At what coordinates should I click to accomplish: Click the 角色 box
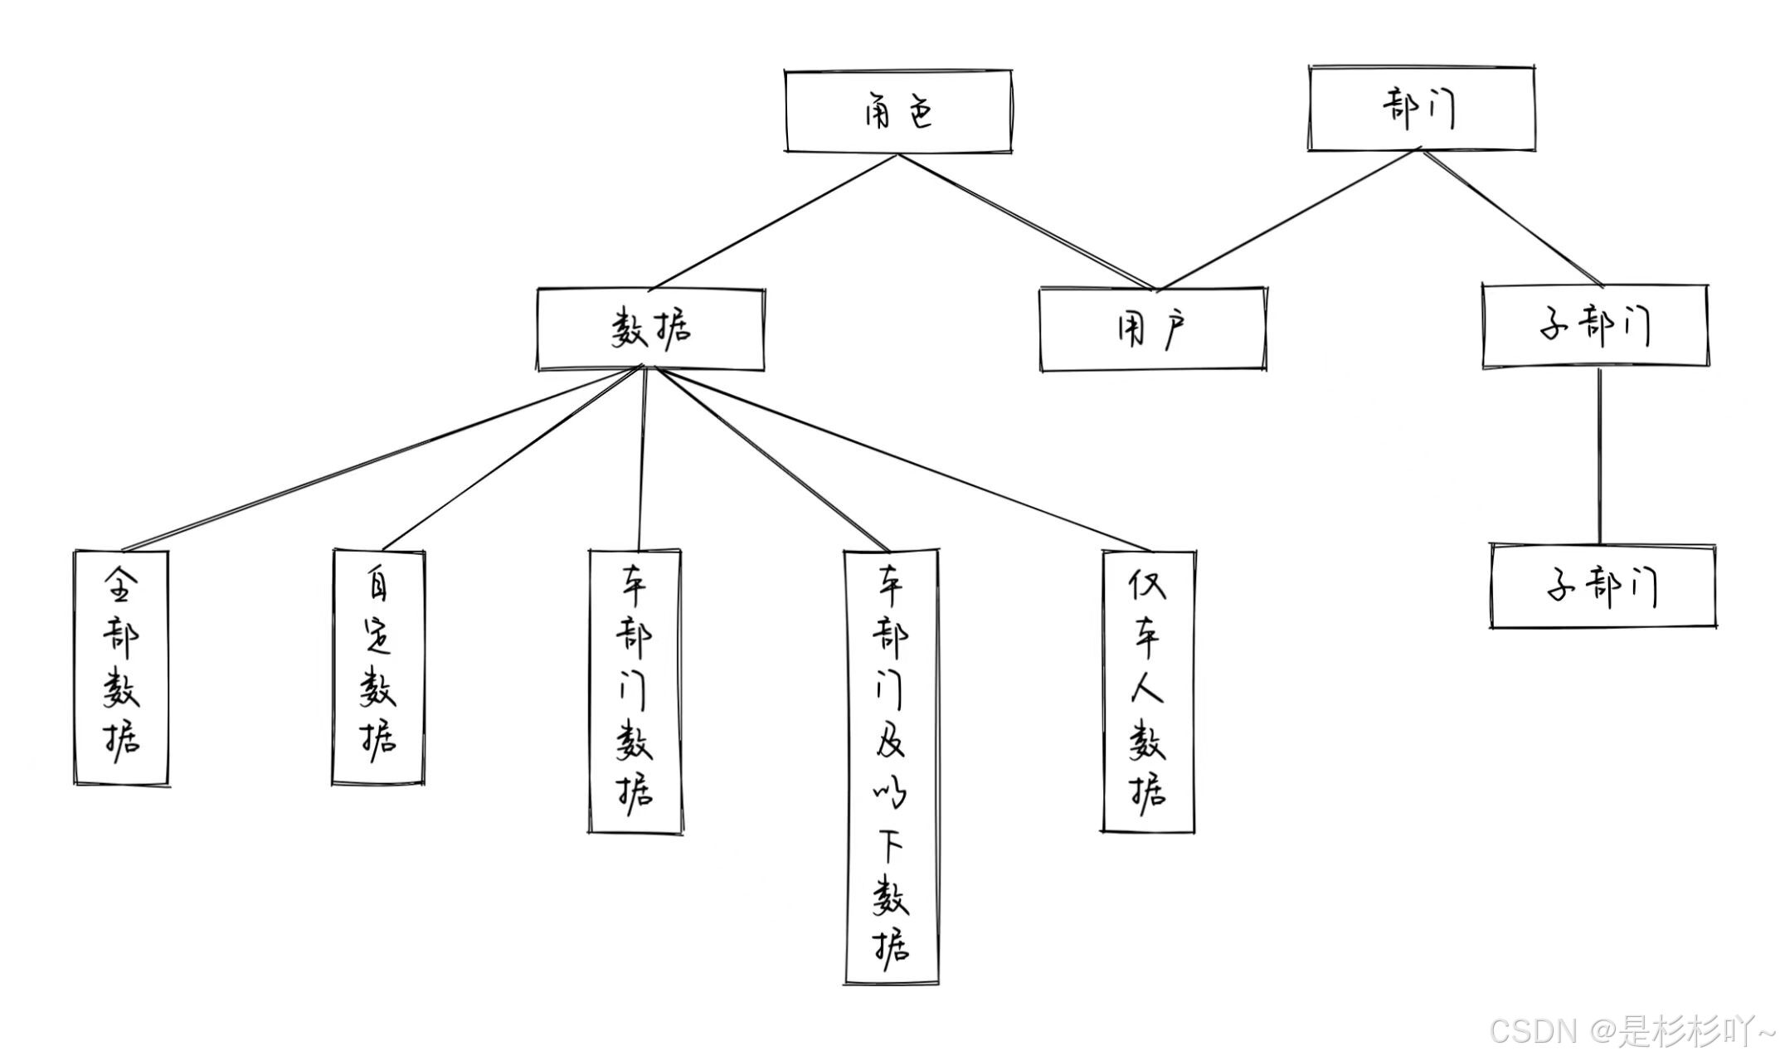coord(898,112)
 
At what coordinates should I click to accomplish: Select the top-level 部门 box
coord(1421,109)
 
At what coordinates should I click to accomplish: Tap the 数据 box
coord(651,329)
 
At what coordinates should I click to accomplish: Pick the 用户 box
coord(1153,329)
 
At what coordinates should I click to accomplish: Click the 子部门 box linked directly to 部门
coord(1595,327)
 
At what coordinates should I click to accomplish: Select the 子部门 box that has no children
coord(1602,586)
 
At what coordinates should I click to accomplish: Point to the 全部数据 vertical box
coord(121,667)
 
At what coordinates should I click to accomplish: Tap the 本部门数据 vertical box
coord(635,690)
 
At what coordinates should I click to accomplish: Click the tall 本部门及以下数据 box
coord(892,767)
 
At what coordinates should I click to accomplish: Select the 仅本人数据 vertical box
coord(1148,690)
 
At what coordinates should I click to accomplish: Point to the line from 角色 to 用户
coord(1024,222)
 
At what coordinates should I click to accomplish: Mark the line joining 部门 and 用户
coord(1290,220)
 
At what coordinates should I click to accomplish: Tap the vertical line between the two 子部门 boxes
coord(1599,456)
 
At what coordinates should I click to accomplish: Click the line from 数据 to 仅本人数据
coord(904,460)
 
